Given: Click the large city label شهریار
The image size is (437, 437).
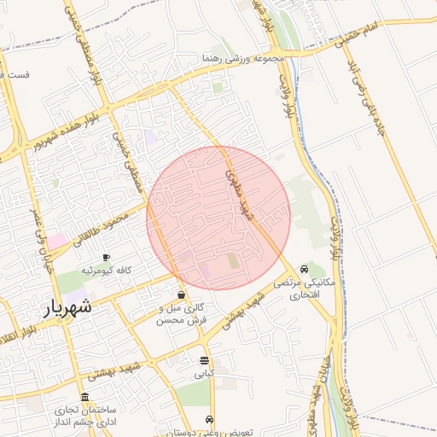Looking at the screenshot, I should point(67,308).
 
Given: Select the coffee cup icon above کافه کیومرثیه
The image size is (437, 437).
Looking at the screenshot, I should point(106,257).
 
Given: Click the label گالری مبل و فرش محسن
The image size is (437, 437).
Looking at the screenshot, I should point(182,315).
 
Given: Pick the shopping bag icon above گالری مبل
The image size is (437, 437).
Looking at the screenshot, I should point(182,295).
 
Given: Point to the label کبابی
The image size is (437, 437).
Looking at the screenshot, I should point(205,374).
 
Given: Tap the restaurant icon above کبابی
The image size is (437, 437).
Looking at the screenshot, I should point(203,360).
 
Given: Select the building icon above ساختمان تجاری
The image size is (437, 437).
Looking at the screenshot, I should point(84,398).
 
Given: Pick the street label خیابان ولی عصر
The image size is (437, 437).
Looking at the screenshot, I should point(44,238).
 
